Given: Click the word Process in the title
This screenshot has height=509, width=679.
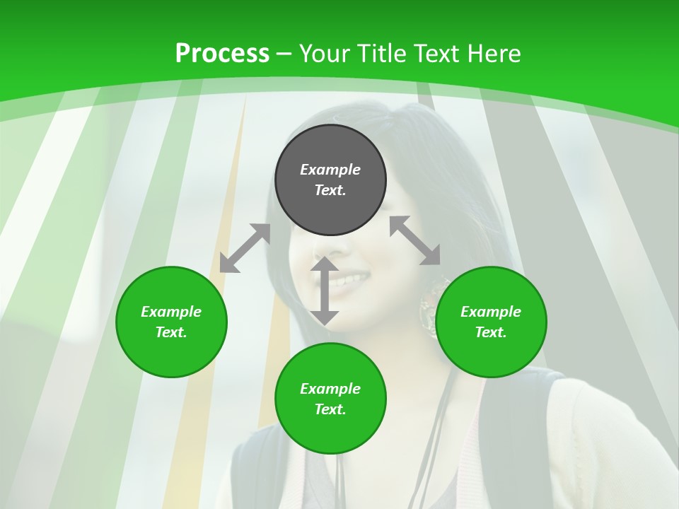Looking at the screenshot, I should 222,54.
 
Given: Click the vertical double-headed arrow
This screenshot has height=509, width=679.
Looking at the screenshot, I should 325,291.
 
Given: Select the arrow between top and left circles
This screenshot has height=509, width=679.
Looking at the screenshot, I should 245,248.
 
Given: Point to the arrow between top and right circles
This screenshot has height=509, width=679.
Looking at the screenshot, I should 415,240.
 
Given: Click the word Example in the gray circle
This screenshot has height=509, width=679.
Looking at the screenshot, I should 330,170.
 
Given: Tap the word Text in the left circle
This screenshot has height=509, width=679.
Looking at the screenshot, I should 171,332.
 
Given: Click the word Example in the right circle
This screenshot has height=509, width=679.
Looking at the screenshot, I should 491,312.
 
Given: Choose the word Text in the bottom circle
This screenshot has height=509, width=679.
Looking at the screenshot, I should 330,409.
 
